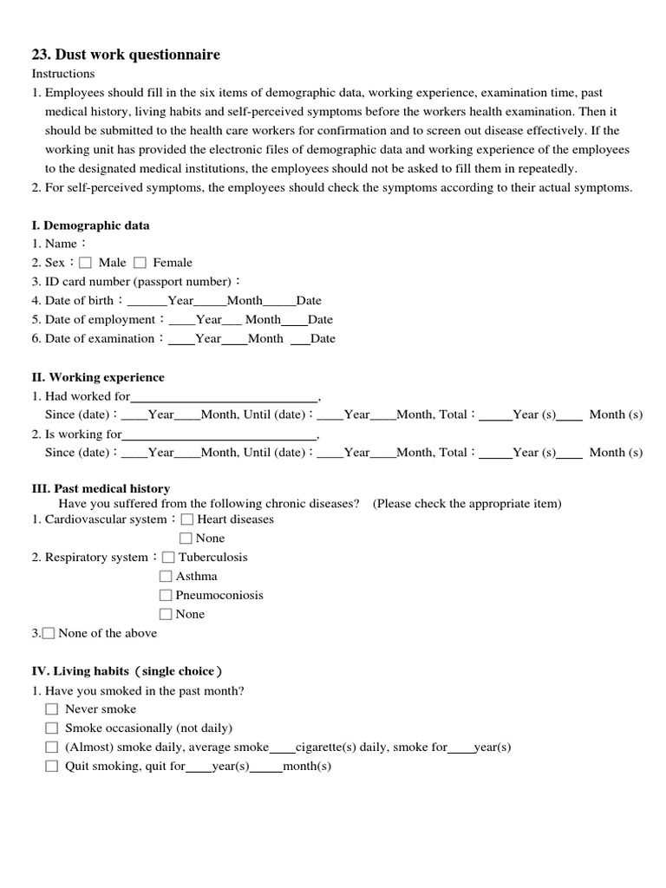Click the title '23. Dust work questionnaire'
click(x=126, y=55)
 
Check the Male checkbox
click(x=85, y=263)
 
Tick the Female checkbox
click(x=140, y=263)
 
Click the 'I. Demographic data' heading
click(x=90, y=225)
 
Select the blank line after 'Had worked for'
click(x=224, y=398)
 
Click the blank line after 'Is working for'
click(x=219, y=436)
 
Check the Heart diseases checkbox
click(x=186, y=519)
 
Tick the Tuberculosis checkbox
click(x=168, y=558)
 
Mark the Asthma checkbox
click(x=166, y=577)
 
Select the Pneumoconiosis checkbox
click(x=166, y=596)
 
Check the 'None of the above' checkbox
click(x=49, y=634)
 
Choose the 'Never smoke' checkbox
click(x=52, y=709)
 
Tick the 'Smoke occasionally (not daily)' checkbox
click(x=52, y=728)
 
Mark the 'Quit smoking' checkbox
click(x=52, y=767)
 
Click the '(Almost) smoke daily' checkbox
click(x=52, y=748)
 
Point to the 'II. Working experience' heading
click(x=98, y=377)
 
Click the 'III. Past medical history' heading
click(x=101, y=488)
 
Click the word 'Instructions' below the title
click(x=63, y=74)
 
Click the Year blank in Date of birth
click(x=147, y=302)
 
